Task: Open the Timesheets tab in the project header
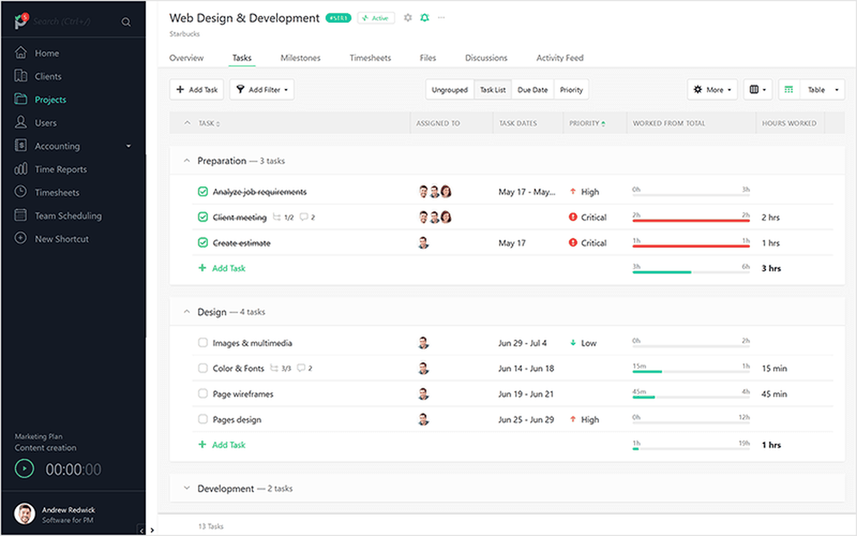pyautogui.click(x=370, y=58)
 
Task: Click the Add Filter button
pyautogui.click(x=262, y=90)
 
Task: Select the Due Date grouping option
pyautogui.click(x=532, y=90)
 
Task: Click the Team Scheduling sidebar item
pyautogui.click(x=67, y=215)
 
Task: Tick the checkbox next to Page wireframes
pyautogui.click(x=202, y=393)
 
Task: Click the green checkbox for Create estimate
pyautogui.click(x=202, y=243)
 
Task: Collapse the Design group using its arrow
pyautogui.click(x=186, y=311)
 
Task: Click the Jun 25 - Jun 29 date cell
pyautogui.click(x=526, y=420)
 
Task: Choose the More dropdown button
pyautogui.click(x=712, y=90)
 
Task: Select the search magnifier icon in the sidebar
pyautogui.click(x=126, y=22)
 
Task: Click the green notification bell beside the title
pyautogui.click(x=425, y=18)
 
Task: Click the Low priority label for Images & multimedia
pyautogui.click(x=588, y=343)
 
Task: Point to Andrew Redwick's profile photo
pyautogui.click(x=25, y=514)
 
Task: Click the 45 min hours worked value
pyautogui.click(x=774, y=394)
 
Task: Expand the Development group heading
pyautogui.click(x=225, y=488)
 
